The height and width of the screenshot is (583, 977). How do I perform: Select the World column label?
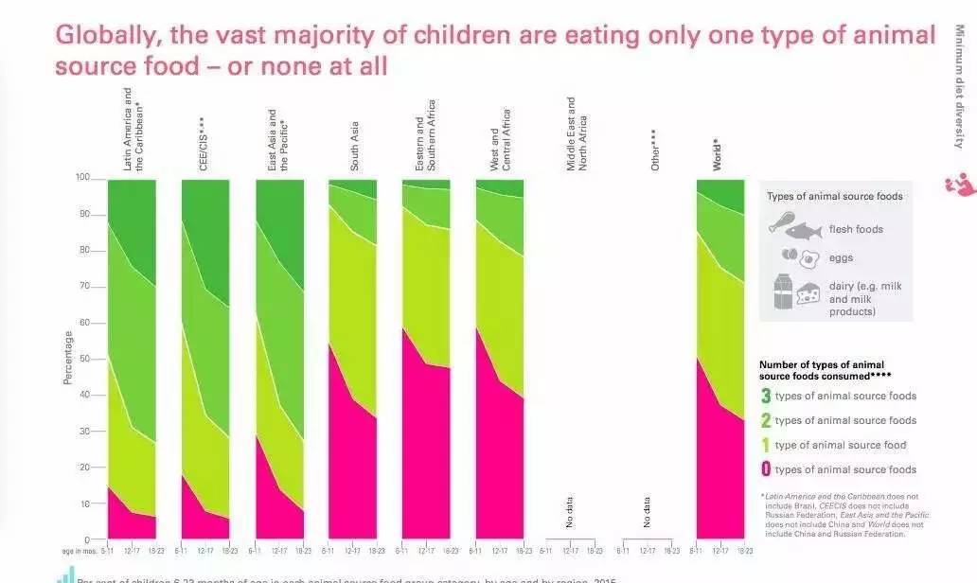(x=718, y=154)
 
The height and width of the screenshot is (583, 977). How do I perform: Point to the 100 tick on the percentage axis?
(x=83, y=178)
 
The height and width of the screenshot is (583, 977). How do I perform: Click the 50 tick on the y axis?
(x=86, y=359)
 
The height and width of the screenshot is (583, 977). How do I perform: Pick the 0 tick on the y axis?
(x=89, y=539)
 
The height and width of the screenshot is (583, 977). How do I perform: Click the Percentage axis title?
(x=68, y=358)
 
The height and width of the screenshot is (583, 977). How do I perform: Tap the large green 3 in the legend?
(x=765, y=396)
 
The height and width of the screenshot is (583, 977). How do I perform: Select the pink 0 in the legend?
(x=765, y=469)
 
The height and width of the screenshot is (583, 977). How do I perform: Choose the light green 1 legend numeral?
(x=765, y=445)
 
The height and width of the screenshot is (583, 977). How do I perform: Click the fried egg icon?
(x=809, y=258)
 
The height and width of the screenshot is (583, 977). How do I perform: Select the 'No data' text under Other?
(x=647, y=512)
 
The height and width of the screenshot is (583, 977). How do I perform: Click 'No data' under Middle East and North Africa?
(x=570, y=512)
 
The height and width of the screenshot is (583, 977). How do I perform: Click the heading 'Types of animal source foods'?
(x=834, y=197)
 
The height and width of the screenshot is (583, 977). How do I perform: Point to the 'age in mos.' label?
(x=81, y=550)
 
